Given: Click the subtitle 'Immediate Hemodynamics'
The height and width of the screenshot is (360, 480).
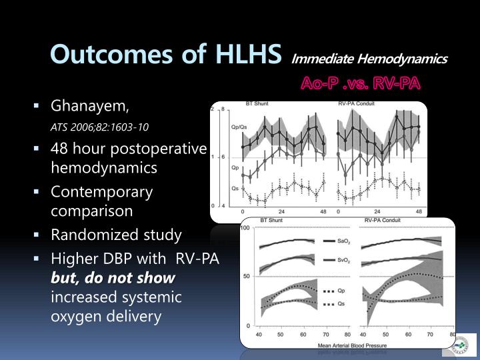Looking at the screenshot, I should coord(369,59).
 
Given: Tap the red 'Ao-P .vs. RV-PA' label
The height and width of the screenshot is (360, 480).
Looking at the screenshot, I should coord(361,84).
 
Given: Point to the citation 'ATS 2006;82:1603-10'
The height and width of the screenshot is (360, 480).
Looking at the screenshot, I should coord(100,127).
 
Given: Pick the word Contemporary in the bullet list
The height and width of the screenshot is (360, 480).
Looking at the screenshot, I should coord(101,192).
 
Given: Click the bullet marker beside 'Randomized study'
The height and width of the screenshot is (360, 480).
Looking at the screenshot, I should coord(38,235).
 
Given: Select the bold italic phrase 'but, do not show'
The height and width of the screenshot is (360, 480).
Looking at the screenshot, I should coord(113,277).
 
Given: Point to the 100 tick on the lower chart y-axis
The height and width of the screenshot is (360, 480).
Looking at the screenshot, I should coord(245,229).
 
